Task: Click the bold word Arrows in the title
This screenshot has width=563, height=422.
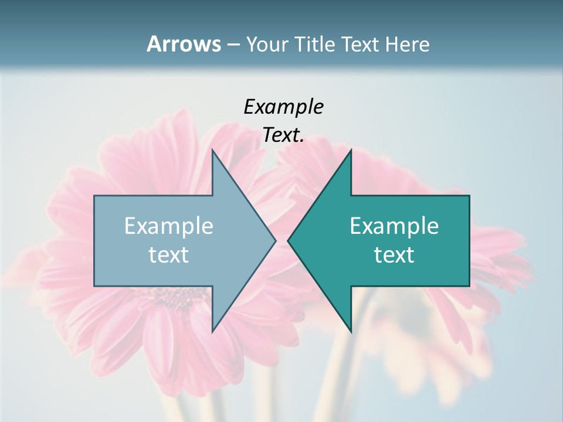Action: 183,44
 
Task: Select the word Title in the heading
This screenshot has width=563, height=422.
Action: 316,44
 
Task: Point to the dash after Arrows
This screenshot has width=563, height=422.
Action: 233,45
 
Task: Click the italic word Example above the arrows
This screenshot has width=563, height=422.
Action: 283,107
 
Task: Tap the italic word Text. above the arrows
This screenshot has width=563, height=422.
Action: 283,135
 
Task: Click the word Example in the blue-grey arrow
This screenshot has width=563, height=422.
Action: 168,226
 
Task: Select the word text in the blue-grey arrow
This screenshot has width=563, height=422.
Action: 168,255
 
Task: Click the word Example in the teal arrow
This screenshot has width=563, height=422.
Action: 394,226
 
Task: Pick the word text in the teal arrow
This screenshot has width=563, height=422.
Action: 394,255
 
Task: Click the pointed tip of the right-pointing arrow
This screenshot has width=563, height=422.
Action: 276,240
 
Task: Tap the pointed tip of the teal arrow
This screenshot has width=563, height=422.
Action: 288,240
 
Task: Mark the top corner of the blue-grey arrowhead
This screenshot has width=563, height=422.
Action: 212,149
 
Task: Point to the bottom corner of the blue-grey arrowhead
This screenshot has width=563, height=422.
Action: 212,332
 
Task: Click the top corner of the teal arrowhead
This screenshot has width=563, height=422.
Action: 351,149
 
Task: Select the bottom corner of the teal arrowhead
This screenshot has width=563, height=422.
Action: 351,332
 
